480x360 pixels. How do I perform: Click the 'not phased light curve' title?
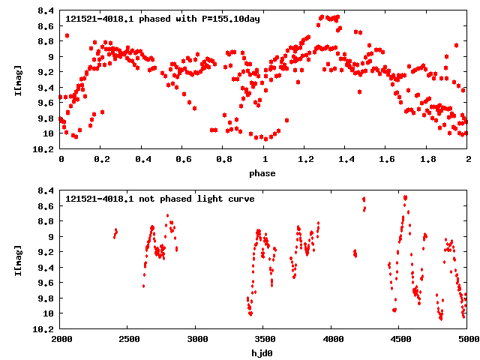160,199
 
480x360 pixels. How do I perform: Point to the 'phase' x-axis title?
262,174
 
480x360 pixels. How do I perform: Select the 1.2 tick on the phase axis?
305,159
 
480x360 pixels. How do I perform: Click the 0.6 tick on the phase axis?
183,159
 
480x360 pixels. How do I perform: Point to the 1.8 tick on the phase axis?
427,159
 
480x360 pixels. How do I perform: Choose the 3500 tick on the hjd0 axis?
264,339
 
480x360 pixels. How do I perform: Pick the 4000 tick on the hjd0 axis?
332,339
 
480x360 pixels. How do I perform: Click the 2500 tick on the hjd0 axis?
128,339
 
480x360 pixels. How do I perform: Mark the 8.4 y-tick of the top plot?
45,11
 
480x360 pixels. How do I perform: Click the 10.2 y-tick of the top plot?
43,149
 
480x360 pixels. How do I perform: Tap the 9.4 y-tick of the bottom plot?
45,268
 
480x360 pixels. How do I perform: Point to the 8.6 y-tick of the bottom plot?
45,206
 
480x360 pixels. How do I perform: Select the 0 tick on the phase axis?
61,159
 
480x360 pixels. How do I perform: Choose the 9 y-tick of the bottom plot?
49,237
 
